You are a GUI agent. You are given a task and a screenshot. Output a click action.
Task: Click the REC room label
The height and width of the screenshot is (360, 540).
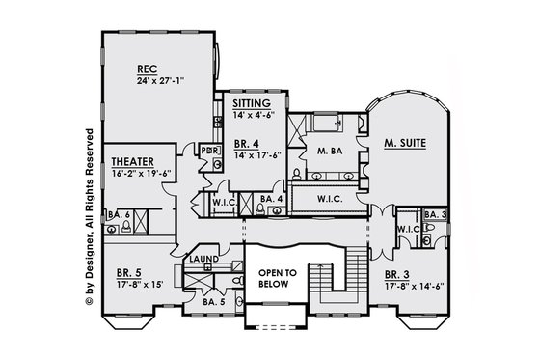pos(148,69)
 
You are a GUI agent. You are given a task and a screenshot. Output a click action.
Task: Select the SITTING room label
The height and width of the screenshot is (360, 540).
pos(251,102)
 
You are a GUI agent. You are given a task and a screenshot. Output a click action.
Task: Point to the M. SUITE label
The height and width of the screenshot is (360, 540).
pos(405,143)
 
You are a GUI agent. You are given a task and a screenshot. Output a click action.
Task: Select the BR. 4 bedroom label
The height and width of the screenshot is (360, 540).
pos(247,142)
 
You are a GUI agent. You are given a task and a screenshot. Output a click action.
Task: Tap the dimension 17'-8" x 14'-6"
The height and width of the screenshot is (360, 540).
pos(414,285)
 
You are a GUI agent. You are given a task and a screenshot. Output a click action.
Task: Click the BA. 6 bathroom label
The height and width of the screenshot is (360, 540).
pos(119,214)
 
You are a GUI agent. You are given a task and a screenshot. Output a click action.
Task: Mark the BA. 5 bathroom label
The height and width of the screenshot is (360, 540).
pos(215,302)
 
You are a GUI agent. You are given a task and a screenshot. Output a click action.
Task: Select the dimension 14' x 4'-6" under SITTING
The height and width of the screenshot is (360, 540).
pos(254,113)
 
